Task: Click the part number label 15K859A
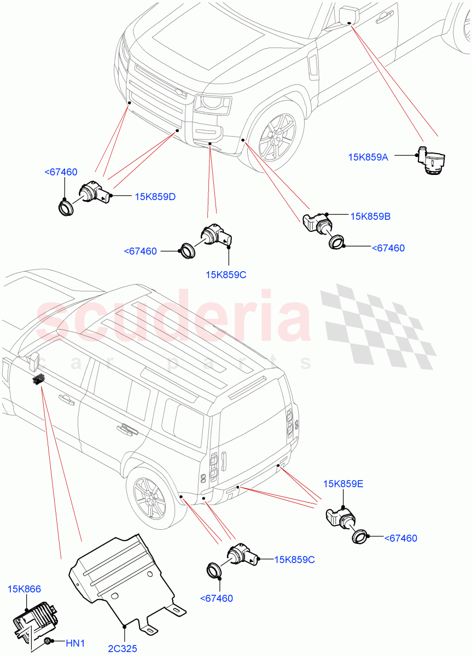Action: tap(368, 157)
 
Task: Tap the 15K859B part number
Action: tap(370, 216)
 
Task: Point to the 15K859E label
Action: tap(343, 484)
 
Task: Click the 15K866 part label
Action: tap(24, 589)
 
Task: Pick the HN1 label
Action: tap(75, 643)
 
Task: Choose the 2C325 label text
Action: tap(123, 649)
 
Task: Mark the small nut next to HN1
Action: tap(48, 641)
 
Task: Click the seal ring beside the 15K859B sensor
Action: tap(336, 242)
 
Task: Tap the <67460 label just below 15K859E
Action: tap(400, 538)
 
